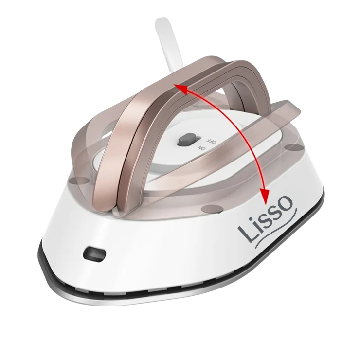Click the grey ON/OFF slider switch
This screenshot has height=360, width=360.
click(188, 140)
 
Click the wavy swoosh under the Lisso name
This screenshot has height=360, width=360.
click(275, 230)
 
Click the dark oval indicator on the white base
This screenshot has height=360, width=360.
click(95, 254)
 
